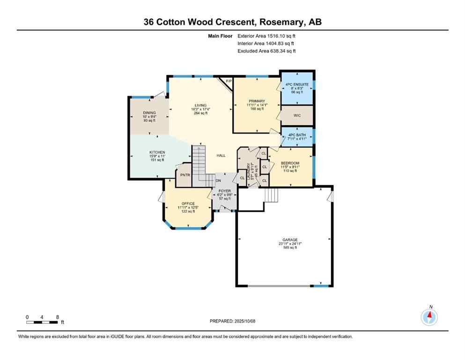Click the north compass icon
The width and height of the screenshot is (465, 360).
tap(429, 317)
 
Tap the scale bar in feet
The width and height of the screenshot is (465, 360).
tap(43, 322)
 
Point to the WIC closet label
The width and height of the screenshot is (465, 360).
tap(297, 115)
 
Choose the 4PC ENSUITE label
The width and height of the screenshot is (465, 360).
tap(297, 85)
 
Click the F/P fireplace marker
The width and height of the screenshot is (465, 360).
tap(229, 82)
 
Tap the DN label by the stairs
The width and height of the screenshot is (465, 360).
tap(218, 180)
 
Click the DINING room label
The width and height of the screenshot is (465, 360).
tap(149, 113)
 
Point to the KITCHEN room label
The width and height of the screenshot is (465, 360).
tap(157, 152)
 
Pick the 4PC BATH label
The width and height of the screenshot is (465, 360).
tap(297, 135)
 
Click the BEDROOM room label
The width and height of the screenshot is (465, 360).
tap(290, 163)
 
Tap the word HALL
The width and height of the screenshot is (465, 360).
tap(221, 156)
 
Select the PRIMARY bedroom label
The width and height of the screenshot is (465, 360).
tap(257, 101)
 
